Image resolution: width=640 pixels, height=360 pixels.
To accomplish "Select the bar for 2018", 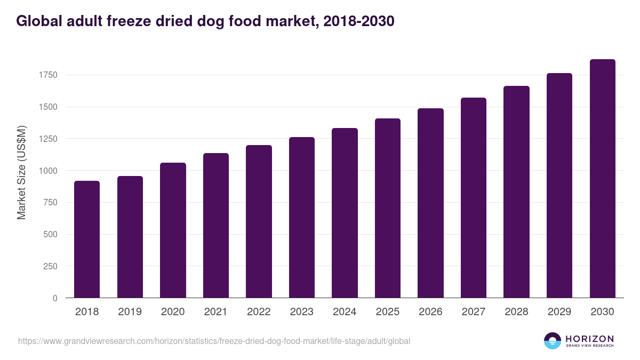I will pyautogui.click(x=87, y=239).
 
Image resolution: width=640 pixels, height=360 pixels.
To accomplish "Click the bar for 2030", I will pyautogui.click(x=602, y=179).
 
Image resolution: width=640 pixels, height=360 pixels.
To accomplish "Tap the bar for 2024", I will pyautogui.click(x=345, y=213).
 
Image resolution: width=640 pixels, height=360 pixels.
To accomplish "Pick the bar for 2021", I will pyautogui.click(x=216, y=226).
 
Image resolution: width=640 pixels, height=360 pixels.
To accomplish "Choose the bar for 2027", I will pyautogui.click(x=474, y=198).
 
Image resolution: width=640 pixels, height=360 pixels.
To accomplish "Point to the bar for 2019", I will pyautogui.click(x=130, y=237).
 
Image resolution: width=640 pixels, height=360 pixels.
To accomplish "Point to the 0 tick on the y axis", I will pyautogui.click(x=55, y=298).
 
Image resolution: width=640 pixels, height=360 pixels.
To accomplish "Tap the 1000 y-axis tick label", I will pyautogui.click(x=47, y=171).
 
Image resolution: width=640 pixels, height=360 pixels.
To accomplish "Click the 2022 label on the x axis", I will pyautogui.click(x=259, y=312).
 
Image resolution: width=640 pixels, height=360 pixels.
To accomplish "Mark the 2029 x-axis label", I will pyautogui.click(x=559, y=312).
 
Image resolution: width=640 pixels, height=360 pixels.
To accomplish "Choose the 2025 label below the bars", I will pyautogui.click(x=388, y=312).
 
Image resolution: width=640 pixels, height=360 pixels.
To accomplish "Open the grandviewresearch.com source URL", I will pyautogui.click(x=214, y=341).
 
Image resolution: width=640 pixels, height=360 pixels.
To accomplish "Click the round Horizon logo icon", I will pyautogui.click(x=553, y=341).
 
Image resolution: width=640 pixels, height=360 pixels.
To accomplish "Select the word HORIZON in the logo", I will pyautogui.click(x=589, y=338).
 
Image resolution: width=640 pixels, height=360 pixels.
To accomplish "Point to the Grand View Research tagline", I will pyautogui.click(x=589, y=346).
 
